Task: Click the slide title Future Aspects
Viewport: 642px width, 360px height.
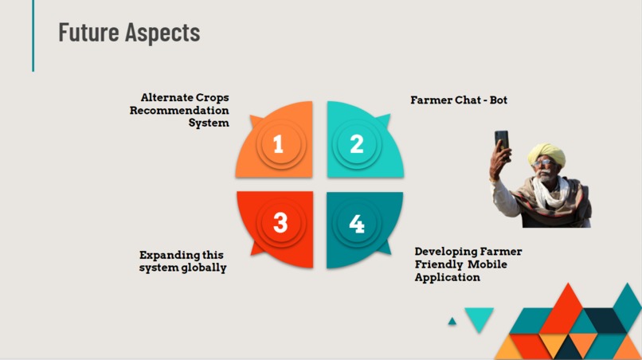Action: click(129, 33)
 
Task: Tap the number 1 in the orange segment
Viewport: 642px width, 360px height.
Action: click(278, 144)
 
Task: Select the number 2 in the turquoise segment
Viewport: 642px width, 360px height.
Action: click(357, 144)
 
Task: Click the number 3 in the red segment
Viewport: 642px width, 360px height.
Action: click(280, 224)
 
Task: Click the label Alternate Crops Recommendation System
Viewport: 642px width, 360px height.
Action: click(180, 110)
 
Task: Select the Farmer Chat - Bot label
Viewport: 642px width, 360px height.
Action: click(459, 100)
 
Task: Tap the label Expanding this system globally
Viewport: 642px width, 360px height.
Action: click(183, 261)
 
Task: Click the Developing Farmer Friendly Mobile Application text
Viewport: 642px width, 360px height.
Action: click(468, 264)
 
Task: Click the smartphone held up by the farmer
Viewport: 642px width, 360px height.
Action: click(501, 139)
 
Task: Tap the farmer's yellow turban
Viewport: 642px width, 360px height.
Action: click(546, 152)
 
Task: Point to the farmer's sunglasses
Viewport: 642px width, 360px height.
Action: click(543, 163)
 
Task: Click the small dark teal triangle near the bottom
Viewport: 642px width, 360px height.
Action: click(452, 322)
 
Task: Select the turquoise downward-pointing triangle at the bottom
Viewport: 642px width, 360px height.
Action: click(479, 319)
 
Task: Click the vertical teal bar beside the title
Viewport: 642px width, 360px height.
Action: click(33, 36)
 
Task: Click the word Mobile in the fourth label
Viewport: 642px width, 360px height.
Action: click(487, 264)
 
